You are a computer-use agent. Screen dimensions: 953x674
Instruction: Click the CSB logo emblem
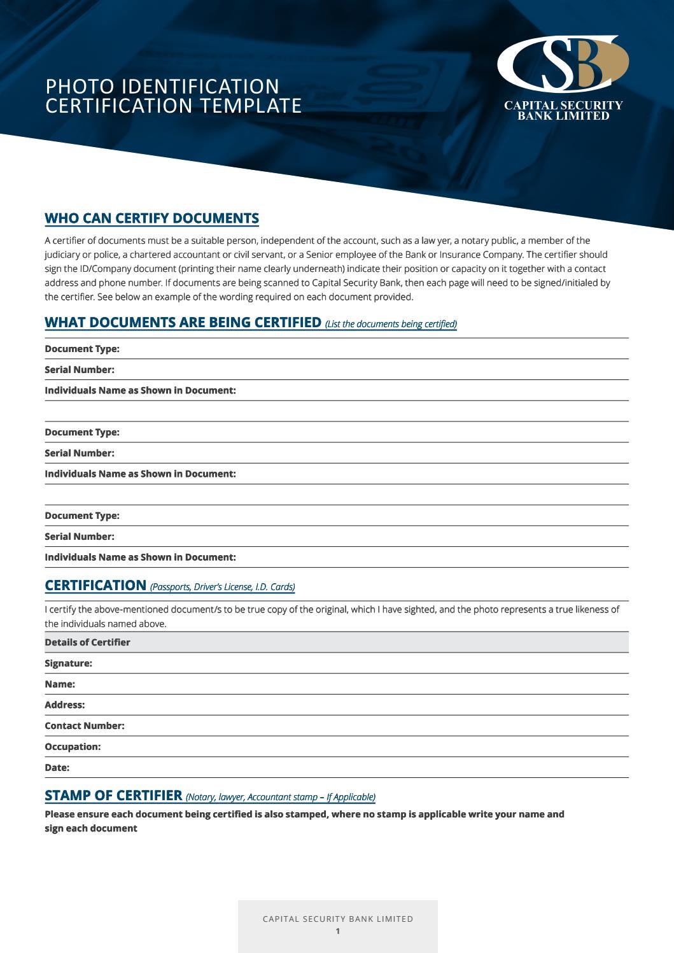pos(563,64)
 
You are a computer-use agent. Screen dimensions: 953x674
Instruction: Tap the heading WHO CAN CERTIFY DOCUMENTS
pos(151,218)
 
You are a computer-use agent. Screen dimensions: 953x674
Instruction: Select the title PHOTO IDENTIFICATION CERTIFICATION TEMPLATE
pos(173,96)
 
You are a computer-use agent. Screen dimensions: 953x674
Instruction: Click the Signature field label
pos(68,663)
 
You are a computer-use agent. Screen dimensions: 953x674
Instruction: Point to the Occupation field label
pos(73,747)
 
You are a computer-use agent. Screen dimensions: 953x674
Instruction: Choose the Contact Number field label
pos(84,726)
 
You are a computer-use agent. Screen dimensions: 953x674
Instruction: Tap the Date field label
pos(57,768)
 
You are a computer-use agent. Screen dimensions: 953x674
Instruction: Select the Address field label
pos(64,705)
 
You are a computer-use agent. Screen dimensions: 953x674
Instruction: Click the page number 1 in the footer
pos(337,931)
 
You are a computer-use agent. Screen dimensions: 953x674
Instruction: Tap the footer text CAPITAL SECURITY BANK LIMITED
pos(337,919)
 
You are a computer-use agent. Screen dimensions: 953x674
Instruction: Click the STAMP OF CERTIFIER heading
pos(113,795)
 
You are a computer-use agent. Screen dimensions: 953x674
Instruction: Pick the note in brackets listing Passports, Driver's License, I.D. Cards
pos(222,587)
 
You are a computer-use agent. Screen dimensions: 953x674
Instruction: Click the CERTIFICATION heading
pos(95,585)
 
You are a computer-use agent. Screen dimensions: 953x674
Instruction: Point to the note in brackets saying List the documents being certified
pos(391,324)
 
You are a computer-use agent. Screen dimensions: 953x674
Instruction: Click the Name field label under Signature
pos(60,684)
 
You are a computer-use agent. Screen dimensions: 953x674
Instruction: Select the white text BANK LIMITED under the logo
pos(563,116)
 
